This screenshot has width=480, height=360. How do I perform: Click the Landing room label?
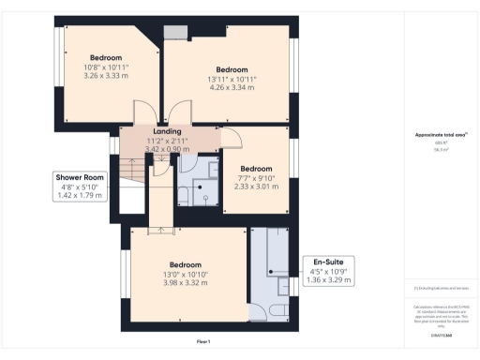[x=167, y=131]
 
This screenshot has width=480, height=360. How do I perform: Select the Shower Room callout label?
[x=79, y=177]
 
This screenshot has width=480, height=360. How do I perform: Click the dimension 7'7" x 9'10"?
[x=249, y=177]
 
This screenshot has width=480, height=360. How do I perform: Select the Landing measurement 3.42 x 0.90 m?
[x=167, y=148]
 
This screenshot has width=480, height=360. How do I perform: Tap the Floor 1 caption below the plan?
[x=203, y=340]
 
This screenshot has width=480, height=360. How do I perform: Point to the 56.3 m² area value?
[x=440, y=148]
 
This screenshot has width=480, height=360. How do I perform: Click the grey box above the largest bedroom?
[x=175, y=33]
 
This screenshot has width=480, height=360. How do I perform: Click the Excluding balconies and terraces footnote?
[x=440, y=287]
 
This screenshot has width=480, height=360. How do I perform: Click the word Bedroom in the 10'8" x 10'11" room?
[x=105, y=57]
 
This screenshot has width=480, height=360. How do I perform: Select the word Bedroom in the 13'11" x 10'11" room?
[x=232, y=69]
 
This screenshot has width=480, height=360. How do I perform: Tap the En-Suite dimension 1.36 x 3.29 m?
[x=330, y=280]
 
